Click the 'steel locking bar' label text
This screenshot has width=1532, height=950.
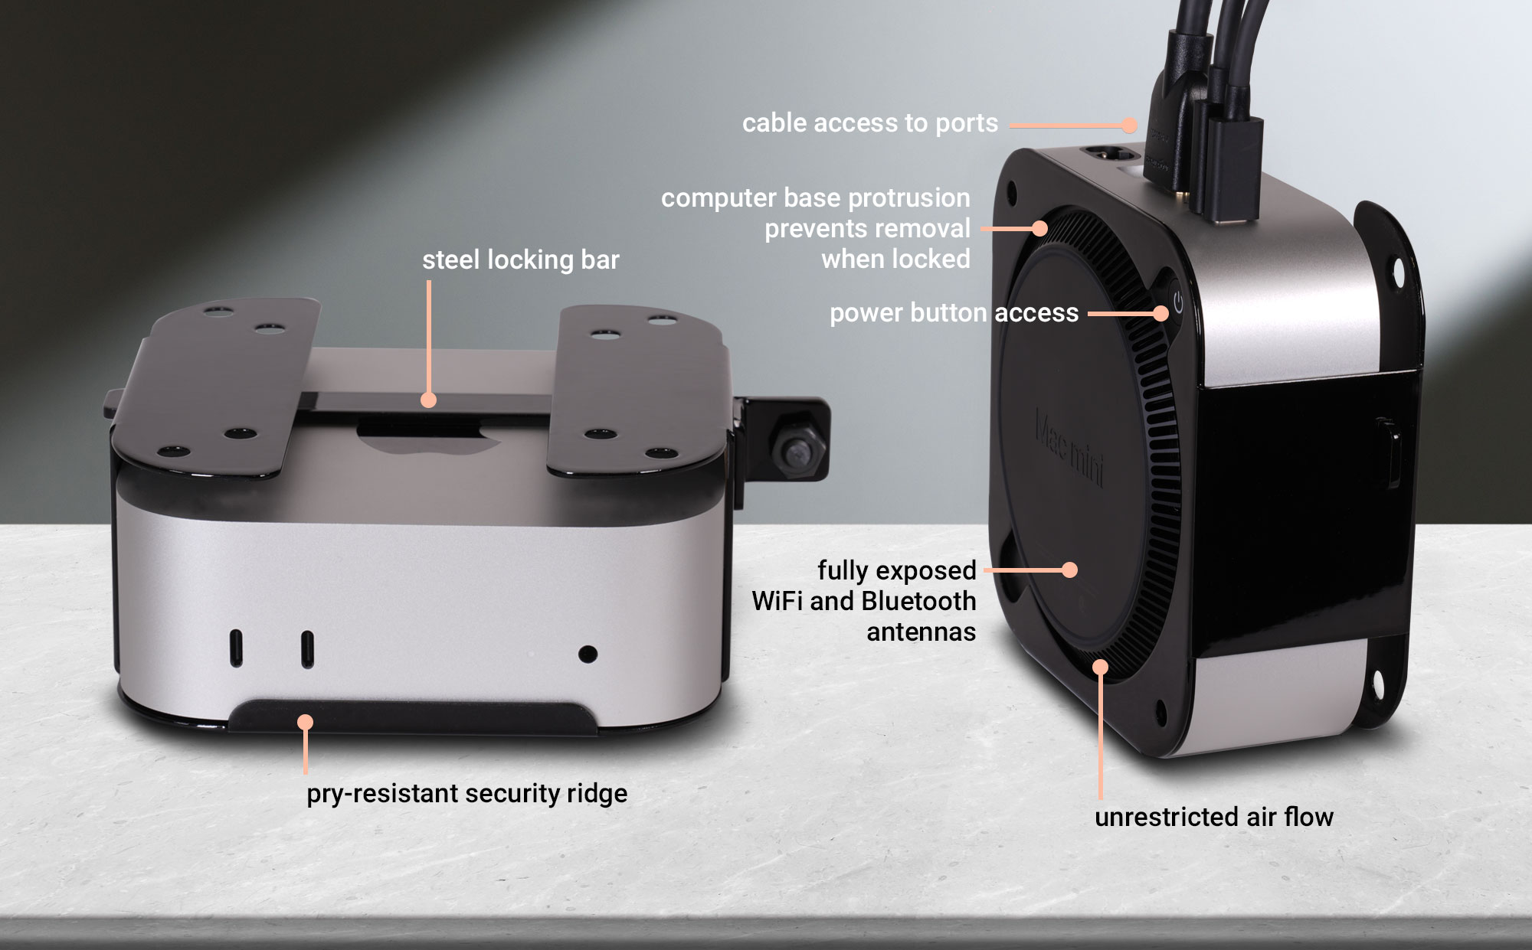coord(520,260)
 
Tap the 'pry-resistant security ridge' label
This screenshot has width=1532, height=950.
coord(466,794)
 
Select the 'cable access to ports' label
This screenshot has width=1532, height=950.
coord(869,123)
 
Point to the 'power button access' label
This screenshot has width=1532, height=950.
coord(954,313)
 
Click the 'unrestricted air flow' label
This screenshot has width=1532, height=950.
coord(1213,817)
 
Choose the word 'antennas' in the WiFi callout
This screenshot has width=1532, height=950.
coord(921,632)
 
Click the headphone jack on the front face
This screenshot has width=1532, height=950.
coord(588,655)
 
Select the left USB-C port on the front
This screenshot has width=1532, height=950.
coord(237,649)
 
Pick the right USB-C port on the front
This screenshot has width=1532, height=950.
coord(307,649)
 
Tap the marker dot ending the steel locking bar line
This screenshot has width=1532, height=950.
coord(429,400)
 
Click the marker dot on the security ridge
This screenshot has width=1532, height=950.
coord(306,722)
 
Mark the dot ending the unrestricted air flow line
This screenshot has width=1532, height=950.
coord(1100,668)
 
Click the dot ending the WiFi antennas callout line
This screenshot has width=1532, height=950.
coord(1070,570)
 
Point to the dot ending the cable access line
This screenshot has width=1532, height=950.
coord(1130,125)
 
